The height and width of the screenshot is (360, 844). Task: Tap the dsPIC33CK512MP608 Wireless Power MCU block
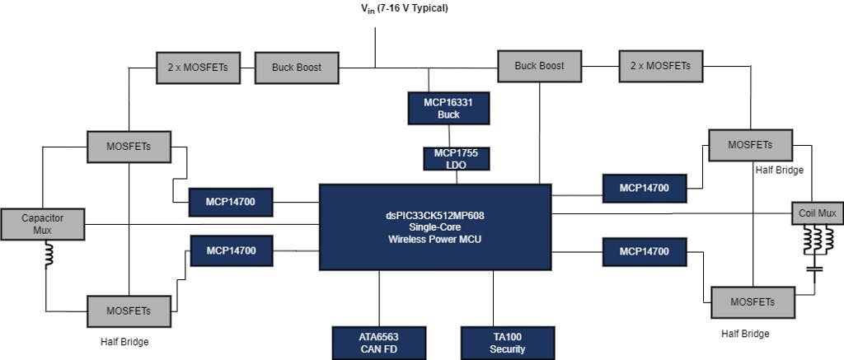(x=434, y=227)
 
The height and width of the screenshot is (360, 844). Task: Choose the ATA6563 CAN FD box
(x=379, y=343)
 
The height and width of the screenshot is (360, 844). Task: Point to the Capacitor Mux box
(x=42, y=224)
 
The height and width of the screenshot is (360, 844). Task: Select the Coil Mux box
(x=817, y=213)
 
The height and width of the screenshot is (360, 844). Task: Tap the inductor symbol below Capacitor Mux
(x=47, y=259)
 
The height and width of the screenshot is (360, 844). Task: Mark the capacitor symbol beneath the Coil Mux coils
(x=815, y=269)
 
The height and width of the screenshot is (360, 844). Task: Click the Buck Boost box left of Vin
(x=296, y=67)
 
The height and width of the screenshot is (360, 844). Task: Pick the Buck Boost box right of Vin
(x=539, y=66)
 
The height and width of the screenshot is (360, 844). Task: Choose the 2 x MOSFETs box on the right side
(x=661, y=66)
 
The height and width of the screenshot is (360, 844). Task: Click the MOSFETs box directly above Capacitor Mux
(x=129, y=147)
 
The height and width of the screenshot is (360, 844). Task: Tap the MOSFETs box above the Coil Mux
(x=750, y=145)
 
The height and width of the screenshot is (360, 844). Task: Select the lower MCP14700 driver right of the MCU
(x=645, y=251)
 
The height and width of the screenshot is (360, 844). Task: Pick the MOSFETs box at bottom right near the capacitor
(x=753, y=302)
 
